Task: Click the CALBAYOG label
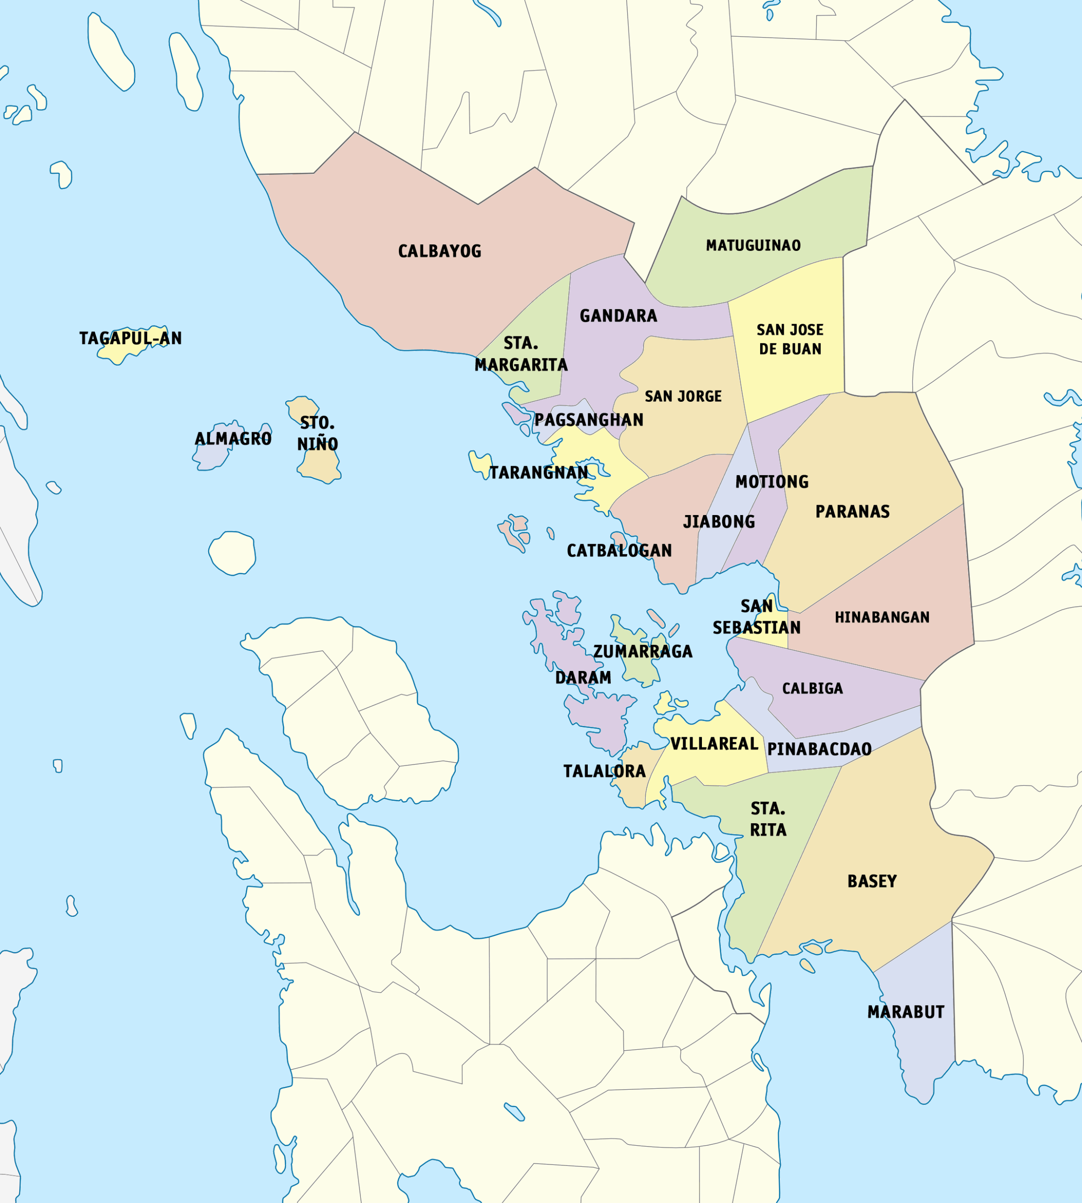coord(439,251)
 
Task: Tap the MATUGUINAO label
coord(753,245)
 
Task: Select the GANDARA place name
coord(618,316)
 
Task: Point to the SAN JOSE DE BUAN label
coord(789,340)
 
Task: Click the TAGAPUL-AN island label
coord(130,338)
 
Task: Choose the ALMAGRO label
coord(233,439)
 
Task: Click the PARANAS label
coord(852,511)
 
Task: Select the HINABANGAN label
coord(882,617)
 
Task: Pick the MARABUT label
coord(905,1012)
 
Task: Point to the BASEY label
coord(872,881)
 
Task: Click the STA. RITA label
coord(768,819)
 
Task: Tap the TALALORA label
coord(604,771)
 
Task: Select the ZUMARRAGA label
coord(643,652)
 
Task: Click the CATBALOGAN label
coord(619,551)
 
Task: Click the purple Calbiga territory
coord(856,708)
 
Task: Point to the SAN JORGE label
coord(683,396)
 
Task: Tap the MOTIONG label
coord(771,482)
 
